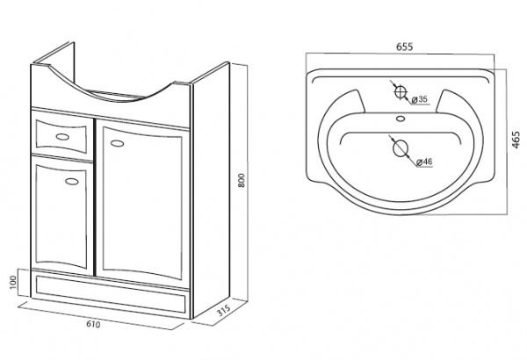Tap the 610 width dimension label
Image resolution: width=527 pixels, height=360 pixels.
coord(93,324)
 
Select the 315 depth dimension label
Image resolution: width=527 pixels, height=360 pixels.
coord(223,310)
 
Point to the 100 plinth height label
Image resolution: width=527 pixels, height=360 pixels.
coord(13,282)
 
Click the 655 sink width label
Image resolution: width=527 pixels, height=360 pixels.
coord(404,47)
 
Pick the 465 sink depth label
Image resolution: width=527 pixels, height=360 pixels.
coord(516,140)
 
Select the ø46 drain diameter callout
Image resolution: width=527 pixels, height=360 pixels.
coord(424,162)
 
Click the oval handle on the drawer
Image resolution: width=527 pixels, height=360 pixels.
coord(62,136)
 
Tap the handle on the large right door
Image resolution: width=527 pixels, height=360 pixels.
coord(117,143)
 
